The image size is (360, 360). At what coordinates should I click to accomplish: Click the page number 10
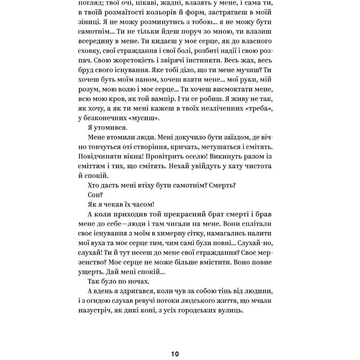click(x=175, y=354)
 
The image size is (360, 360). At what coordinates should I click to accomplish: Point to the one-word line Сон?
click(x=95, y=195)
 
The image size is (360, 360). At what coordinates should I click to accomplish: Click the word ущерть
click(x=90, y=272)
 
